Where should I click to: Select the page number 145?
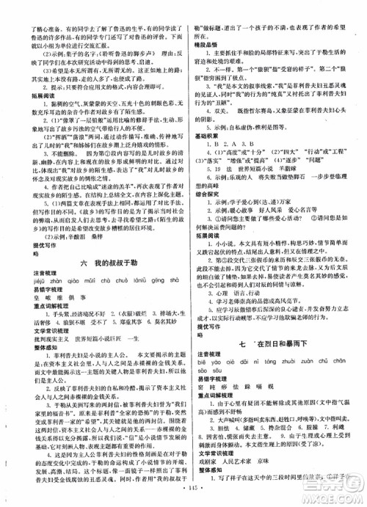tap(183, 497)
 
